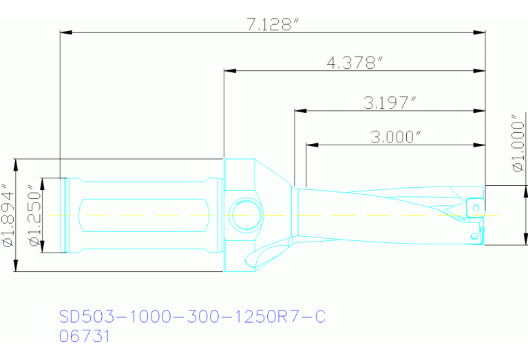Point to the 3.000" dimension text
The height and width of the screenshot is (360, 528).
(395, 136)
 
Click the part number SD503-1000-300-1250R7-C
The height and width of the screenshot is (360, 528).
(192, 317)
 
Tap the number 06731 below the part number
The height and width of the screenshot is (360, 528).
(84, 337)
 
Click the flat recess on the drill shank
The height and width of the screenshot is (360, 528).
(145, 215)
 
